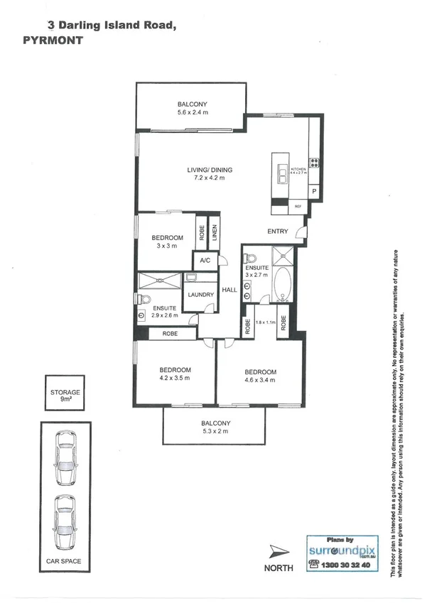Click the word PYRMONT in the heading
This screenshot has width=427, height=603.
point(53,40)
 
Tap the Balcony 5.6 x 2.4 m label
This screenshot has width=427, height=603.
point(193,108)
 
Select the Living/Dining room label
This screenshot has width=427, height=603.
point(210,173)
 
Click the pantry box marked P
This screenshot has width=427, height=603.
point(313,192)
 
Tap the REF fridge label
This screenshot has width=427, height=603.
point(298,207)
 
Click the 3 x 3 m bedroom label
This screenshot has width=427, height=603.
point(168,241)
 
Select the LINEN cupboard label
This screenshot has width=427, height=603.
point(212,232)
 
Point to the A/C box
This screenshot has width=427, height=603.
point(205,261)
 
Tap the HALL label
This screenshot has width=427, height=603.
point(229,290)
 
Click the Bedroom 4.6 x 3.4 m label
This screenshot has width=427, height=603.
point(260,376)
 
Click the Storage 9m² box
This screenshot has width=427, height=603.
point(65,396)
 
